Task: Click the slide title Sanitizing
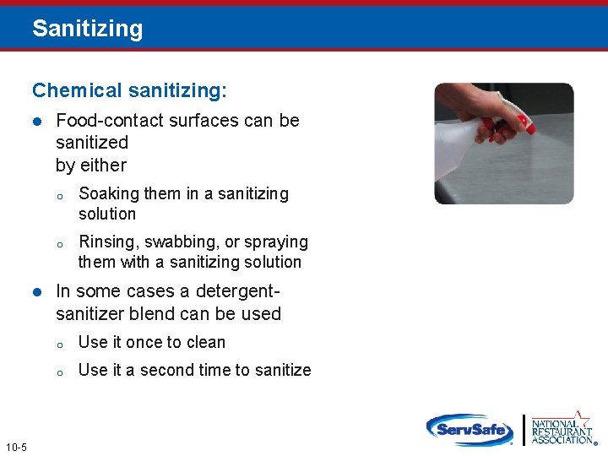click(87, 29)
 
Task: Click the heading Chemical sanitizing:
click(129, 90)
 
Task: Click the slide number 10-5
click(15, 447)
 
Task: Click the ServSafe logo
click(470, 429)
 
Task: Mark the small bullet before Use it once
click(61, 344)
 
